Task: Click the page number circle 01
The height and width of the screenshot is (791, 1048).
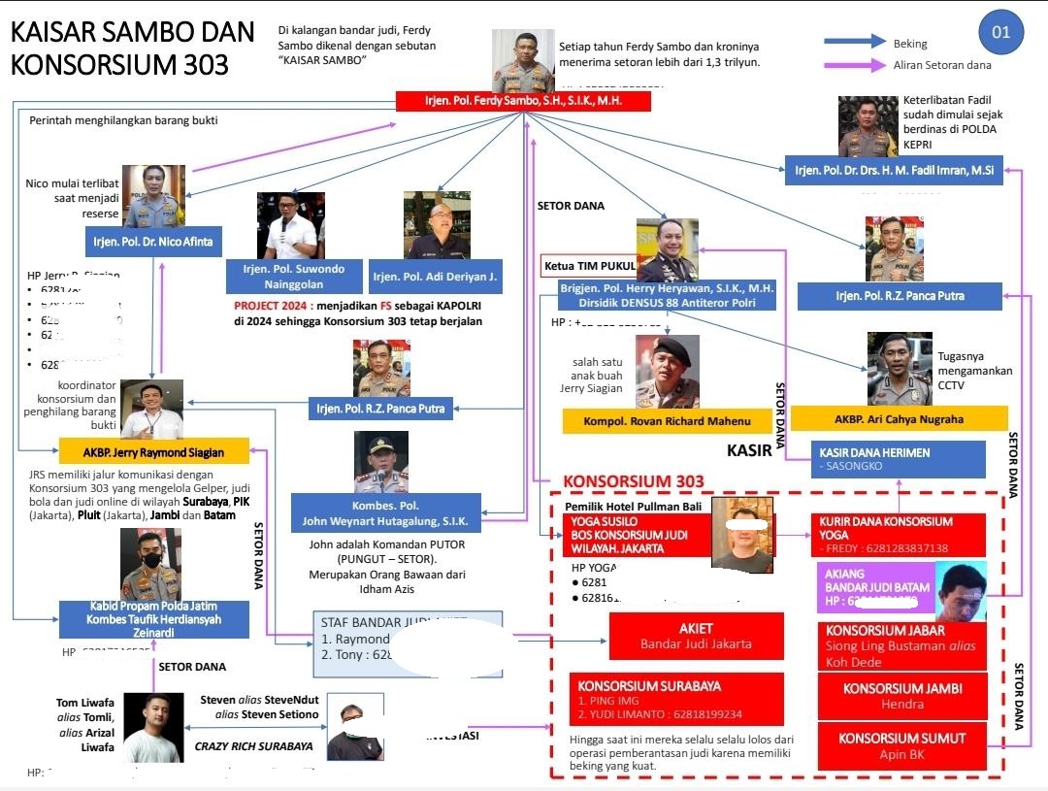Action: [1000, 32]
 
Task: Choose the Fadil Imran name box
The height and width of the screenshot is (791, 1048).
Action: [894, 171]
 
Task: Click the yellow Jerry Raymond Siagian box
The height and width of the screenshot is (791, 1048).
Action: [154, 452]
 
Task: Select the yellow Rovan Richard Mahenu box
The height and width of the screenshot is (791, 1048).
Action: [668, 421]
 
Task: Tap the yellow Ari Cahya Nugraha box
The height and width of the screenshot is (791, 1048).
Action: [899, 418]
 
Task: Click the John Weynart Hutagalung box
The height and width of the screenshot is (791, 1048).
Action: [385, 513]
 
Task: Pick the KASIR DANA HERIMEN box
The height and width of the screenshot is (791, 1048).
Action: [898, 459]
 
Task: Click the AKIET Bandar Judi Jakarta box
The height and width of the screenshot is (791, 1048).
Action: [696, 636]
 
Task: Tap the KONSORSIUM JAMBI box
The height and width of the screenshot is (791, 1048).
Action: [902, 696]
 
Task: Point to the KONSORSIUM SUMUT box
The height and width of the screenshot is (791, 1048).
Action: [902, 745]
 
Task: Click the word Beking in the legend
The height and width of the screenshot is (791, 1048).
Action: [910, 43]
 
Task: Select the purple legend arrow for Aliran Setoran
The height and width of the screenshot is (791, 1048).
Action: [855, 65]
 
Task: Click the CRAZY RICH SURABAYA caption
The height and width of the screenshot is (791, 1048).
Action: [254, 746]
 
